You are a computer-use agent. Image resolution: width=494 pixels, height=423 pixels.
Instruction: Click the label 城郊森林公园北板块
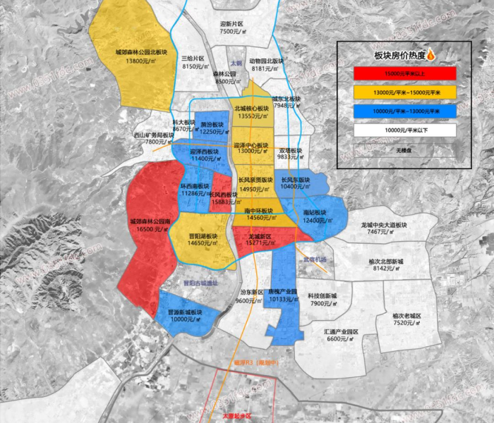[x=141, y=53]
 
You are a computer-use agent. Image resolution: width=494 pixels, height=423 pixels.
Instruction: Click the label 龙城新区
[x=260, y=235]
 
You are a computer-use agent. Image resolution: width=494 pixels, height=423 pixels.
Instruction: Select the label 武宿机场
[x=314, y=260]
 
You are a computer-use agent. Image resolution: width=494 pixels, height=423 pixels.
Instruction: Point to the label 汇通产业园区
[x=342, y=331]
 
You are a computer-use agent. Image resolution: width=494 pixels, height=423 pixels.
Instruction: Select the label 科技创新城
[x=322, y=295]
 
